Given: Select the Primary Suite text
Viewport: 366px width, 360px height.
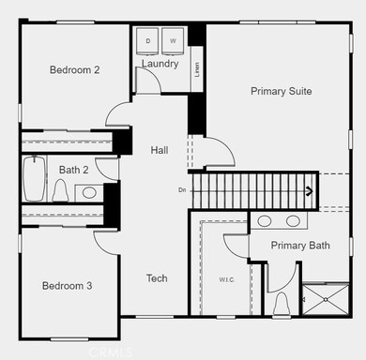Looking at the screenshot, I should tap(281, 91).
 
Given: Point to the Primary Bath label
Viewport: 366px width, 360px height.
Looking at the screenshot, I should tap(300, 246).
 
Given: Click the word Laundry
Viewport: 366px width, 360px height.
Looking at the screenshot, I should tap(160, 64).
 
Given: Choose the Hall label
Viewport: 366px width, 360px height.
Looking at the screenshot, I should tap(159, 150).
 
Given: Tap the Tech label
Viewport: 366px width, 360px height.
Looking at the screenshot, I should tap(157, 278).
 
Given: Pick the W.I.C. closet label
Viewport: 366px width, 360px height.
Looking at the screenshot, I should tap(226, 279).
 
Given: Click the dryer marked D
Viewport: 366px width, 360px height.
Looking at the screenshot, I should tap(147, 41).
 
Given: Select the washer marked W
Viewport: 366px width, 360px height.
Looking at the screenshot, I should tap(173, 41).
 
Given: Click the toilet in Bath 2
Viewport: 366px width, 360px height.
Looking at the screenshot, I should tap(59, 191).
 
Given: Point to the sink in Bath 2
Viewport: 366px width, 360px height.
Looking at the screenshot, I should tap(89, 192).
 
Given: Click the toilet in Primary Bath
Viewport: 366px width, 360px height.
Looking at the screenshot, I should tap(282, 304).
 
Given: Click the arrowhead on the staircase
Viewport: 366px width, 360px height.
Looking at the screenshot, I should tap(308, 191).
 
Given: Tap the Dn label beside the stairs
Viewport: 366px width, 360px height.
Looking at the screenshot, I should tap(182, 190).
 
